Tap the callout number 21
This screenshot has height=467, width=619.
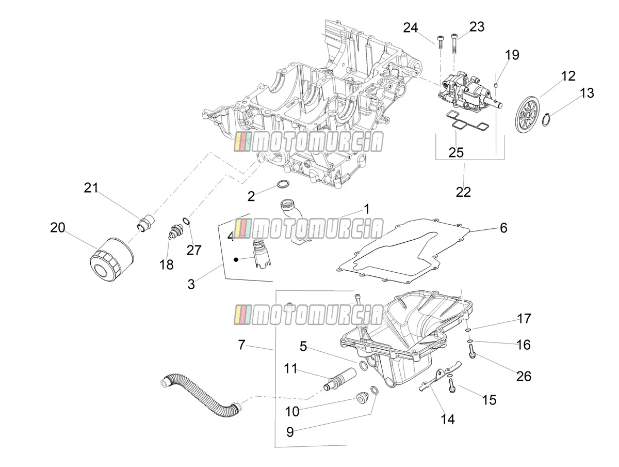91,188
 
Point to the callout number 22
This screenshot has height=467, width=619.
463,192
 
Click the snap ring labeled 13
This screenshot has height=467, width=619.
546,119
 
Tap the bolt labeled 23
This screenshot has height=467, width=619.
454,44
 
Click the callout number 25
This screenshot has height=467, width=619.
456,153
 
